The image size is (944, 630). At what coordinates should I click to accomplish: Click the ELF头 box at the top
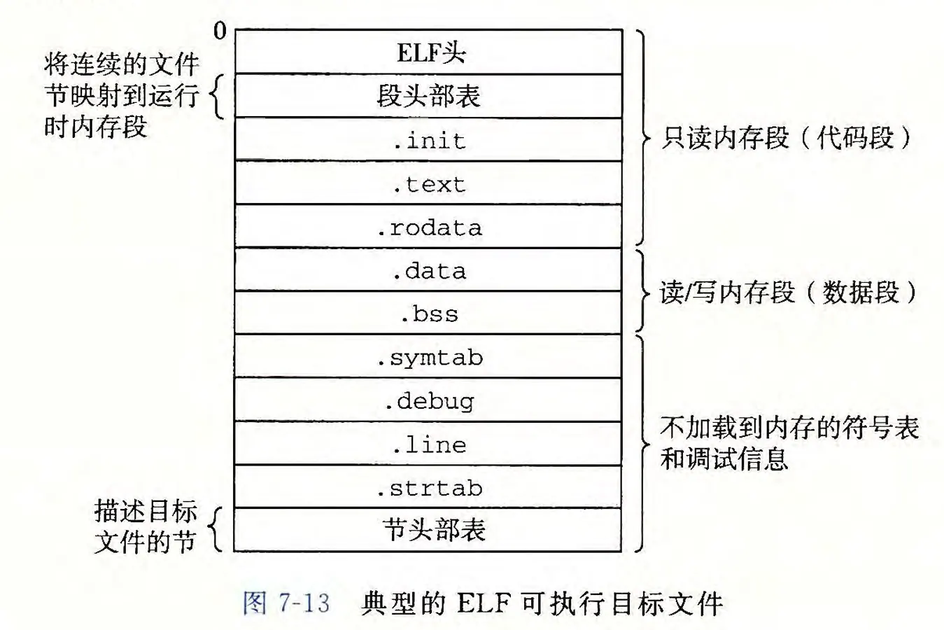tap(428, 52)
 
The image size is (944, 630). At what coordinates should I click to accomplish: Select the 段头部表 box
tap(428, 96)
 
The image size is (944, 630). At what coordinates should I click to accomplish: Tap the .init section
tap(428, 140)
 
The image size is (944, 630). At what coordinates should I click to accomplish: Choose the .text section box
tap(428, 183)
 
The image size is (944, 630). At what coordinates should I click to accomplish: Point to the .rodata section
tap(428, 227)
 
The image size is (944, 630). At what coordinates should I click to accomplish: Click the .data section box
tap(428, 270)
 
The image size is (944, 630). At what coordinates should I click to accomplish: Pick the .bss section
tap(428, 313)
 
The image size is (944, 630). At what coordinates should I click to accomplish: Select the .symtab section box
tap(428, 356)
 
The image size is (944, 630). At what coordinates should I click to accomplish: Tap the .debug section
tap(428, 400)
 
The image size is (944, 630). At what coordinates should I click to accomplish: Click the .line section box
tap(428, 444)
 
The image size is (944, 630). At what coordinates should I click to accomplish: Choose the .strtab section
tap(428, 487)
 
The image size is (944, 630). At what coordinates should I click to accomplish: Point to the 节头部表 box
tap(428, 529)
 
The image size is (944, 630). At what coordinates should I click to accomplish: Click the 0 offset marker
tap(220, 31)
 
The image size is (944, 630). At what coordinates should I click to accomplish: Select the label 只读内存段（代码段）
tap(787, 138)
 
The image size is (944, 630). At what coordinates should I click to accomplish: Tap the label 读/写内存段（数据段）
tap(788, 292)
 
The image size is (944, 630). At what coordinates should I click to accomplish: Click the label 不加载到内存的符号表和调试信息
tap(789, 442)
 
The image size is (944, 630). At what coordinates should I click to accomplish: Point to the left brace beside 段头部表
tap(218, 97)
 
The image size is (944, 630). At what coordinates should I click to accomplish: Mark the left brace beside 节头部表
tap(217, 529)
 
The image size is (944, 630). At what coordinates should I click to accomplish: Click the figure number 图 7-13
tap(286, 603)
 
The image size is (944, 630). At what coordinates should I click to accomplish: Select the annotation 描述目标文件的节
tap(146, 526)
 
